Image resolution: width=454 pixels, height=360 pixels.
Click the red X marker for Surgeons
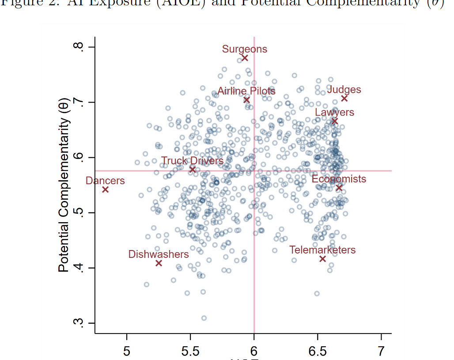click(x=245, y=58)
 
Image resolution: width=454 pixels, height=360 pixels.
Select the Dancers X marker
click(x=105, y=189)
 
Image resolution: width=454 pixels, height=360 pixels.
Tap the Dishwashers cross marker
click(x=159, y=263)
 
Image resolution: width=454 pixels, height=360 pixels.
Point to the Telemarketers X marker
click(x=322, y=259)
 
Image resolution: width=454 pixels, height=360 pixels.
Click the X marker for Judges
click(x=344, y=99)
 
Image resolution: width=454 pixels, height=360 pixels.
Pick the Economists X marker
click(x=339, y=188)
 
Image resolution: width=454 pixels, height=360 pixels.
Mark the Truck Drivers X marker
click(x=193, y=170)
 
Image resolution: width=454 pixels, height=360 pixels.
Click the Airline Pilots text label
click(x=246, y=91)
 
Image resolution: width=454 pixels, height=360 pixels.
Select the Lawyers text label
click(x=334, y=112)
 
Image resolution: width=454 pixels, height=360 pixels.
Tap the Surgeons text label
click(x=245, y=49)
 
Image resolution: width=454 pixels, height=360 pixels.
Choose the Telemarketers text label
click(x=322, y=250)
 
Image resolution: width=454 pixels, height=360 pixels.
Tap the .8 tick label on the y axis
click(x=79, y=47)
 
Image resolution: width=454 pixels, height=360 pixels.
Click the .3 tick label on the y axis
click(x=79, y=323)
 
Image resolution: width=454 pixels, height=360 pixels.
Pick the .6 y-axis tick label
click(x=79, y=158)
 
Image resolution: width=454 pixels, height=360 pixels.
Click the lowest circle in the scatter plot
click(x=204, y=318)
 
